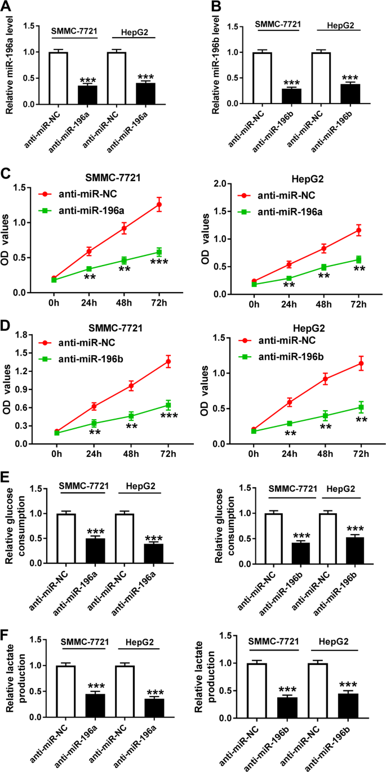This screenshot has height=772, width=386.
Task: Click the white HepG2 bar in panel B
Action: click(321, 78)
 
